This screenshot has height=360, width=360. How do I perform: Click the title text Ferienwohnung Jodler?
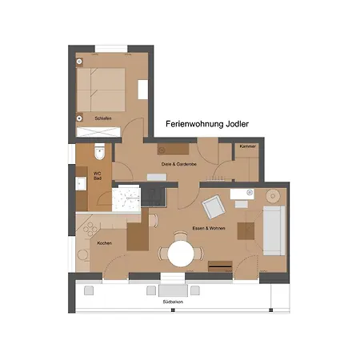tap(206, 124)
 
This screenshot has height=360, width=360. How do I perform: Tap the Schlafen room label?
tap(102, 118)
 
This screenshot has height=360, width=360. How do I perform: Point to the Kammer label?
tap(247, 146)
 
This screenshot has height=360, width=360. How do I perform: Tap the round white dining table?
tap(182, 254)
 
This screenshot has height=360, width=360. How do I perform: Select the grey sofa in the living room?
tap(274, 230)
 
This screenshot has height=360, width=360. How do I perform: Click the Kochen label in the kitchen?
tap(104, 242)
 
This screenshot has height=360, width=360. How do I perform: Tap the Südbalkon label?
tap(173, 303)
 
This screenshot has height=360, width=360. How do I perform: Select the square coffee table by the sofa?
tap(246, 230)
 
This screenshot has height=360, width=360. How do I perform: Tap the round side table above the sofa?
tap(273, 194)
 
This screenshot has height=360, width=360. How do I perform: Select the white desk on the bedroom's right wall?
tap(142, 89)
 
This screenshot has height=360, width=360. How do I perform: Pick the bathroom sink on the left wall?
tap(79, 183)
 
